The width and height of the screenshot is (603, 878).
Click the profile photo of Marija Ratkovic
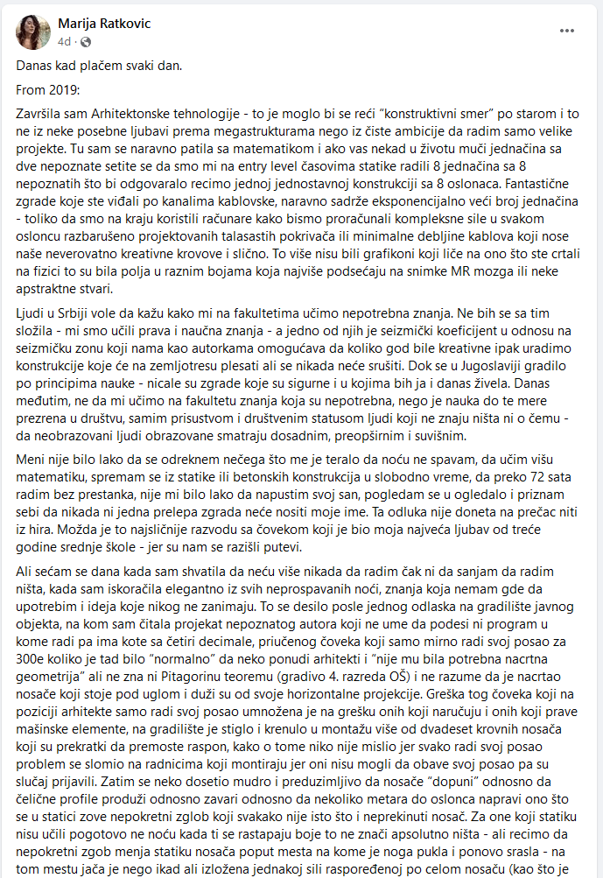coord(33,32)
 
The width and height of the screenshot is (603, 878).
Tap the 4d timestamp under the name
coord(63,40)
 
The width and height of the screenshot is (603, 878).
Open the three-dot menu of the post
coord(567,30)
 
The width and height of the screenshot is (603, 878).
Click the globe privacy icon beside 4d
coord(80,41)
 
